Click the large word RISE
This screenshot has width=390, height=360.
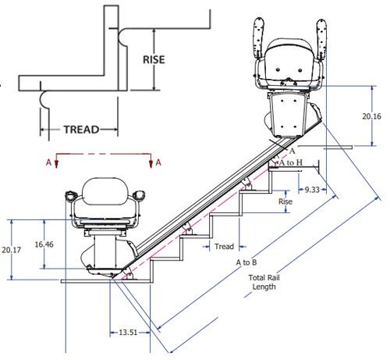(154, 59)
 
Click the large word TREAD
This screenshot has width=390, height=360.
(81, 130)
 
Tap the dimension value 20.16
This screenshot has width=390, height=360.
(372, 116)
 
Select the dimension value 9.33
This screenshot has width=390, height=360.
(312, 190)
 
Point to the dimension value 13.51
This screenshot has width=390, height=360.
(128, 333)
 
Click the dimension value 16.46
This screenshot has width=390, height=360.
(44, 244)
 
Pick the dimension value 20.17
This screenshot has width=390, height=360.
(12, 250)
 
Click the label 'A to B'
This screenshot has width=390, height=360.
(246, 262)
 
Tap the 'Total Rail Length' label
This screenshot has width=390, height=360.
(264, 282)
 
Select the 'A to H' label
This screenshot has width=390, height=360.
(291, 162)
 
